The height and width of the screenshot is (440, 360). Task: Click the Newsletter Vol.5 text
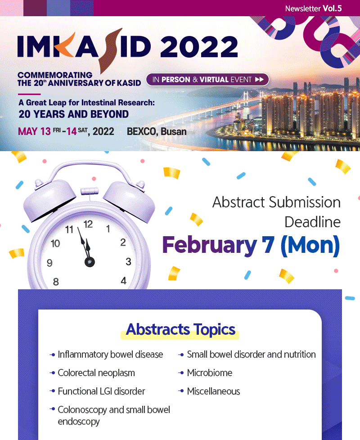click(313, 9)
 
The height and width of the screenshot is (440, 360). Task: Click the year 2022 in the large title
click(198, 47)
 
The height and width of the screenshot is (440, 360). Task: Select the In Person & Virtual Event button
click(207, 80)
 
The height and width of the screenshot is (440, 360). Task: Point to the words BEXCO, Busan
click(157, 131)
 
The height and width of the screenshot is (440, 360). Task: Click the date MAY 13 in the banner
click(34, 131)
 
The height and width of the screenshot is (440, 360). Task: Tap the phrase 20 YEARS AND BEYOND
click(73, 114)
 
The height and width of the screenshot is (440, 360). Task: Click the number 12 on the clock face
click(88, 224)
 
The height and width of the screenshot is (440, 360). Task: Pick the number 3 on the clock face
click(128, 261)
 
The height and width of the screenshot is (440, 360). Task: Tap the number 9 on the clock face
click(49, 263)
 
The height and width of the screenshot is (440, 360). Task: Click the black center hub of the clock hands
click(90, 262)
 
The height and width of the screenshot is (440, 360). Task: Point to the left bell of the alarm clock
click(49, 199)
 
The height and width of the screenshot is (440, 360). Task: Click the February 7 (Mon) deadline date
click(251, 245)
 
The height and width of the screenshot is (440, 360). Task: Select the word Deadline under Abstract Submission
click(312, 222)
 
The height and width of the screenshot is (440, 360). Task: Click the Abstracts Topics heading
click(180, 329)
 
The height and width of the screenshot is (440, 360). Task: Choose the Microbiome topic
click(210, 373)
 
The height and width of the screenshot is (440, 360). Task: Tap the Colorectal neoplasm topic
click(96, 373)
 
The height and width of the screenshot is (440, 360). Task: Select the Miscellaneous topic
click(214, 391)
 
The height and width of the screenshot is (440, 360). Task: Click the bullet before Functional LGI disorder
click(52, 391)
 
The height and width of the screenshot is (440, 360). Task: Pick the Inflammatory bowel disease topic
click(110, 355)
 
